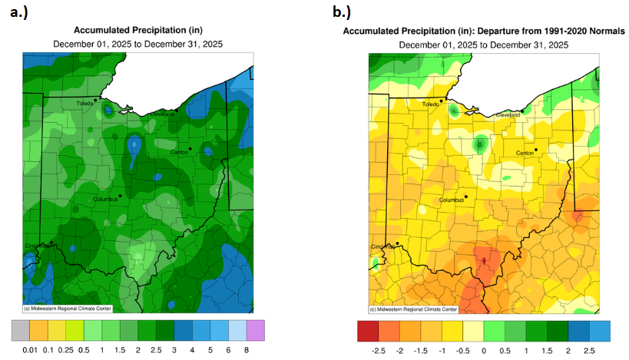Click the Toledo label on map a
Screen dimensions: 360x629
85,103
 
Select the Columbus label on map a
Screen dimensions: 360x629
108,199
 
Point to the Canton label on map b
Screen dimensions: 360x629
525,153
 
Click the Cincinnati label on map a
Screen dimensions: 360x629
37,246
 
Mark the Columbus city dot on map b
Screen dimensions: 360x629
465,195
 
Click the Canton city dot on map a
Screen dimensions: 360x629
190,148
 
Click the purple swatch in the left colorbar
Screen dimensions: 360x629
256,330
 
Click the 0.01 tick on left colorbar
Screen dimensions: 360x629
30,349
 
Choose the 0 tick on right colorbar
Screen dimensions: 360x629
484,349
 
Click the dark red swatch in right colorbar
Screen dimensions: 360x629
367,330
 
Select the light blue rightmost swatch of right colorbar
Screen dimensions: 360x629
600,330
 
